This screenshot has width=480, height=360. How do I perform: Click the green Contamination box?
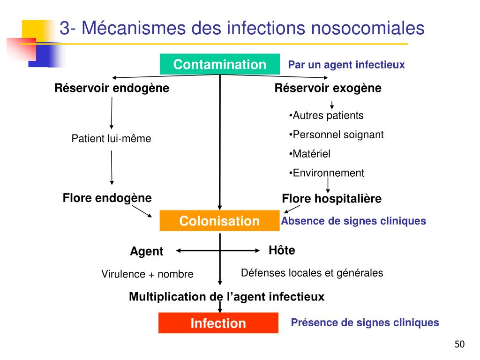tap(220, 64)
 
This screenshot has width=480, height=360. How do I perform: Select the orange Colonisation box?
tap(219, 221)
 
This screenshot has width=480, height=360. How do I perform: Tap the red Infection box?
tap(218, 323)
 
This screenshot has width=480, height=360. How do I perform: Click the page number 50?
tap(459, 345)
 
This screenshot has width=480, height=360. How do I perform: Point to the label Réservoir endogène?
tap(112, 88)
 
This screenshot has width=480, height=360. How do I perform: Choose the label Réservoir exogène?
tap(328, 88)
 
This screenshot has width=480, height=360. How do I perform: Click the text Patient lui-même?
tap(111, 139)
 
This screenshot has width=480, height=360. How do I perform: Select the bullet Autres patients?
tap(326, 115)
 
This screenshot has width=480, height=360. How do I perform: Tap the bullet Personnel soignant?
tap(336, 135)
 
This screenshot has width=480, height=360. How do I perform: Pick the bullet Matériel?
tap(310, 154)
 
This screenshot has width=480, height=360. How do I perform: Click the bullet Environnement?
tap(327, 173)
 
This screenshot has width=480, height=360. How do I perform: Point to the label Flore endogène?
tap(107, 198)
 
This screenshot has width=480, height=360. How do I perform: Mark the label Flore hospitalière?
tap(331, 199)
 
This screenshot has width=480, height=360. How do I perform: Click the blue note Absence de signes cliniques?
tap(353, 221)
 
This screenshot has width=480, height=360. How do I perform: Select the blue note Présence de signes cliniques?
tap(365, 322)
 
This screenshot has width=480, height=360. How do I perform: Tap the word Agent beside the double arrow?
tap(147, 252)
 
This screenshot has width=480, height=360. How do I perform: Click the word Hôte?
tap(282, 251)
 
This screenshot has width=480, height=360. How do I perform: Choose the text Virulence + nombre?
tap(147, 274)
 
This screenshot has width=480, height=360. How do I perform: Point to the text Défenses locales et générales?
tap(312, 273)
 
